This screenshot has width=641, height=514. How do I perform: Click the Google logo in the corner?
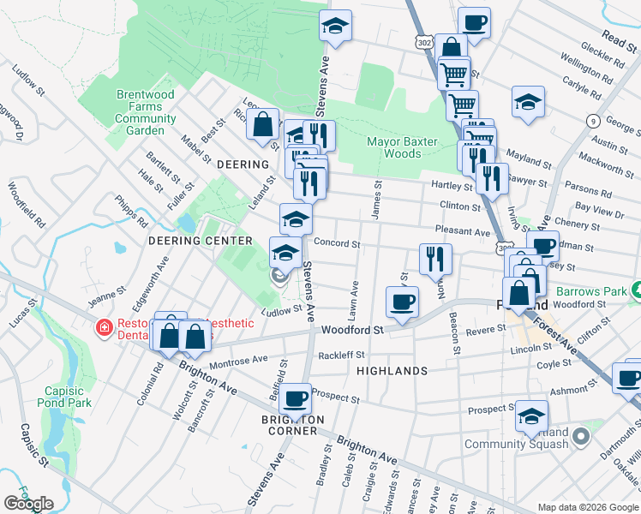pos(28,504)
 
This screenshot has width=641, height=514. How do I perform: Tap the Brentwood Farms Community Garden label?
pos(139,112)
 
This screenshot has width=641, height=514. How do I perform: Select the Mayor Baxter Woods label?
pos(402,147)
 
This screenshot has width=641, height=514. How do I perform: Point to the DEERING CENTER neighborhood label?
pos(201,241)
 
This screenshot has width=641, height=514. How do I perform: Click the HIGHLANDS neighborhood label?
pos(392,371)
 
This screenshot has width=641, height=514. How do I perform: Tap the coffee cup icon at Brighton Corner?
pos(296,397)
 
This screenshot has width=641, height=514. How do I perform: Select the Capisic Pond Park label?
pos(68,397)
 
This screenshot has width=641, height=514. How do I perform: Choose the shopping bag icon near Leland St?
pos(262,125)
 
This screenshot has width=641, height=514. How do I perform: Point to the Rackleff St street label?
pos(341,355)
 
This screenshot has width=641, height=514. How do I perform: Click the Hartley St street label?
pos(456,186)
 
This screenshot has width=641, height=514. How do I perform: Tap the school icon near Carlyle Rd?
pos(528,102)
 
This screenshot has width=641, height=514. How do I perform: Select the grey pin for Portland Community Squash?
pos(581,436)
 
